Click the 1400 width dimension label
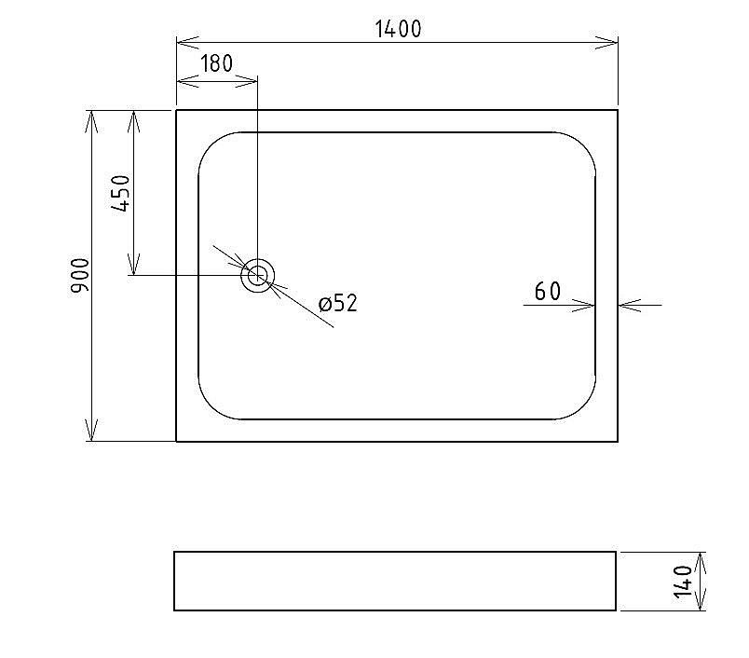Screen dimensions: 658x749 398,29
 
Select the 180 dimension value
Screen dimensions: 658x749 216,64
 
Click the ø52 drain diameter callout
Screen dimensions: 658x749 337,303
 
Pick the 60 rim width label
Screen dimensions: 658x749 548,292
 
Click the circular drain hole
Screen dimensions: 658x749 257,276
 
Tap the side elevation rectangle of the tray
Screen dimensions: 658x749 395,581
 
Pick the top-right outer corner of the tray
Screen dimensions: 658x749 617,111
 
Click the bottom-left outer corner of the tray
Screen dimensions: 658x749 177,441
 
